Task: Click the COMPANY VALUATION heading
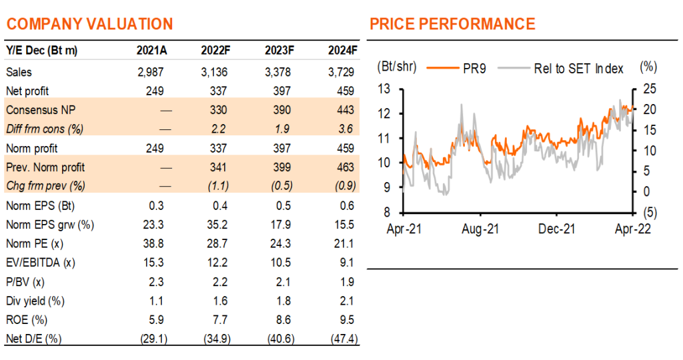[90, 24]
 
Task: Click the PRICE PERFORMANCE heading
[453, 24]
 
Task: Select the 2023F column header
[279, 51]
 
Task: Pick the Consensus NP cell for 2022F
[218, 110]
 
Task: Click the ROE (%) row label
[27, 320]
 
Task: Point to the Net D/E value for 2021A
[154, 339]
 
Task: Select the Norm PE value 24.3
[280, 243]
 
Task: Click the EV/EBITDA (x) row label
[41, 263]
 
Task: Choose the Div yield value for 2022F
[220, 301]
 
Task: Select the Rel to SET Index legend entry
[560, 69]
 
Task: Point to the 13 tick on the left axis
[384, 89]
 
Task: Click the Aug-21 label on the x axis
[480, 229]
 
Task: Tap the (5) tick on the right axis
[650, 213]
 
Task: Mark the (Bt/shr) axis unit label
[397, 67]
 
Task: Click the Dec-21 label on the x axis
[557, 229]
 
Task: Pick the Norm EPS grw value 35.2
[217, 225]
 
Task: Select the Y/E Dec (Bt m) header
[42, 51]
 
